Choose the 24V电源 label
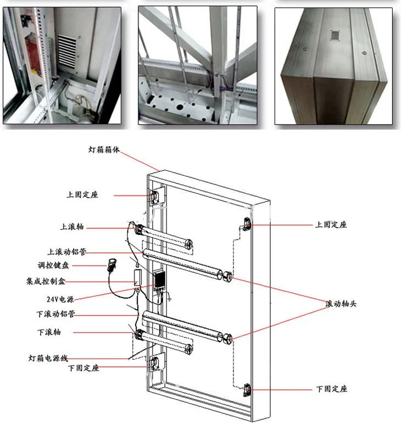60,299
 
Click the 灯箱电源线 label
48,358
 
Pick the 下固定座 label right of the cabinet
332,389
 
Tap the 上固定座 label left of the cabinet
82,194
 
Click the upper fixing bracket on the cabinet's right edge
247,224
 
